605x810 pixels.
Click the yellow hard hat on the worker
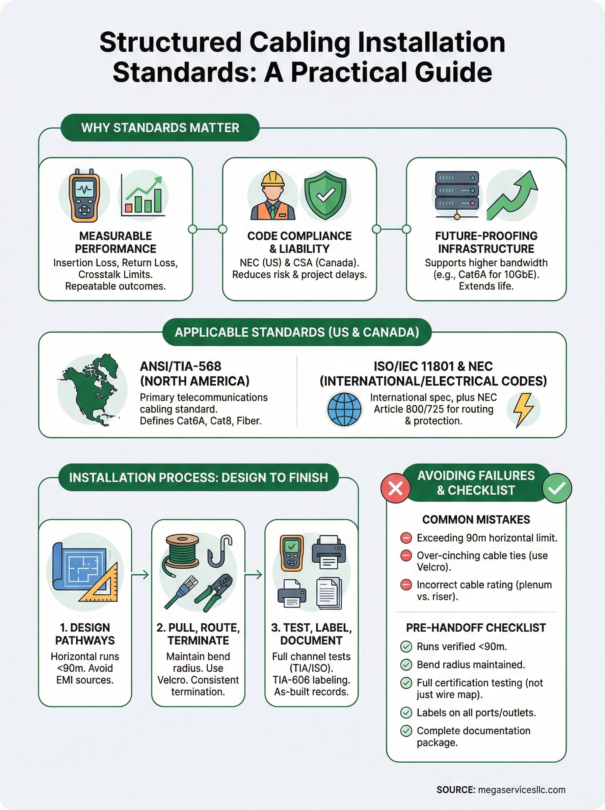tap(272, 179)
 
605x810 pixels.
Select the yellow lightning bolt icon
tap(523, 410)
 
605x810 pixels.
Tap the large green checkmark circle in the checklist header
tap(557, 488)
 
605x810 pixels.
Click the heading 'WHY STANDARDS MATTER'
tap(160, 128)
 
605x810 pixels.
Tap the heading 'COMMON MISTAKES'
tap(476, 519)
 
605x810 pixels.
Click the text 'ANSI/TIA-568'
tap(181, 366)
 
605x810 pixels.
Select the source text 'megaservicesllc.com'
tap(522, 790)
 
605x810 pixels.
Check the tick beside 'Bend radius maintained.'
tap(406, 665)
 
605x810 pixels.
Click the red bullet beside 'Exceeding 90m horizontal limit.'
tap(406, 538)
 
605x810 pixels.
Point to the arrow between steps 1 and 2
tap(141, 575)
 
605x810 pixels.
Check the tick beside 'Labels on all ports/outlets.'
tap(406, 713)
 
